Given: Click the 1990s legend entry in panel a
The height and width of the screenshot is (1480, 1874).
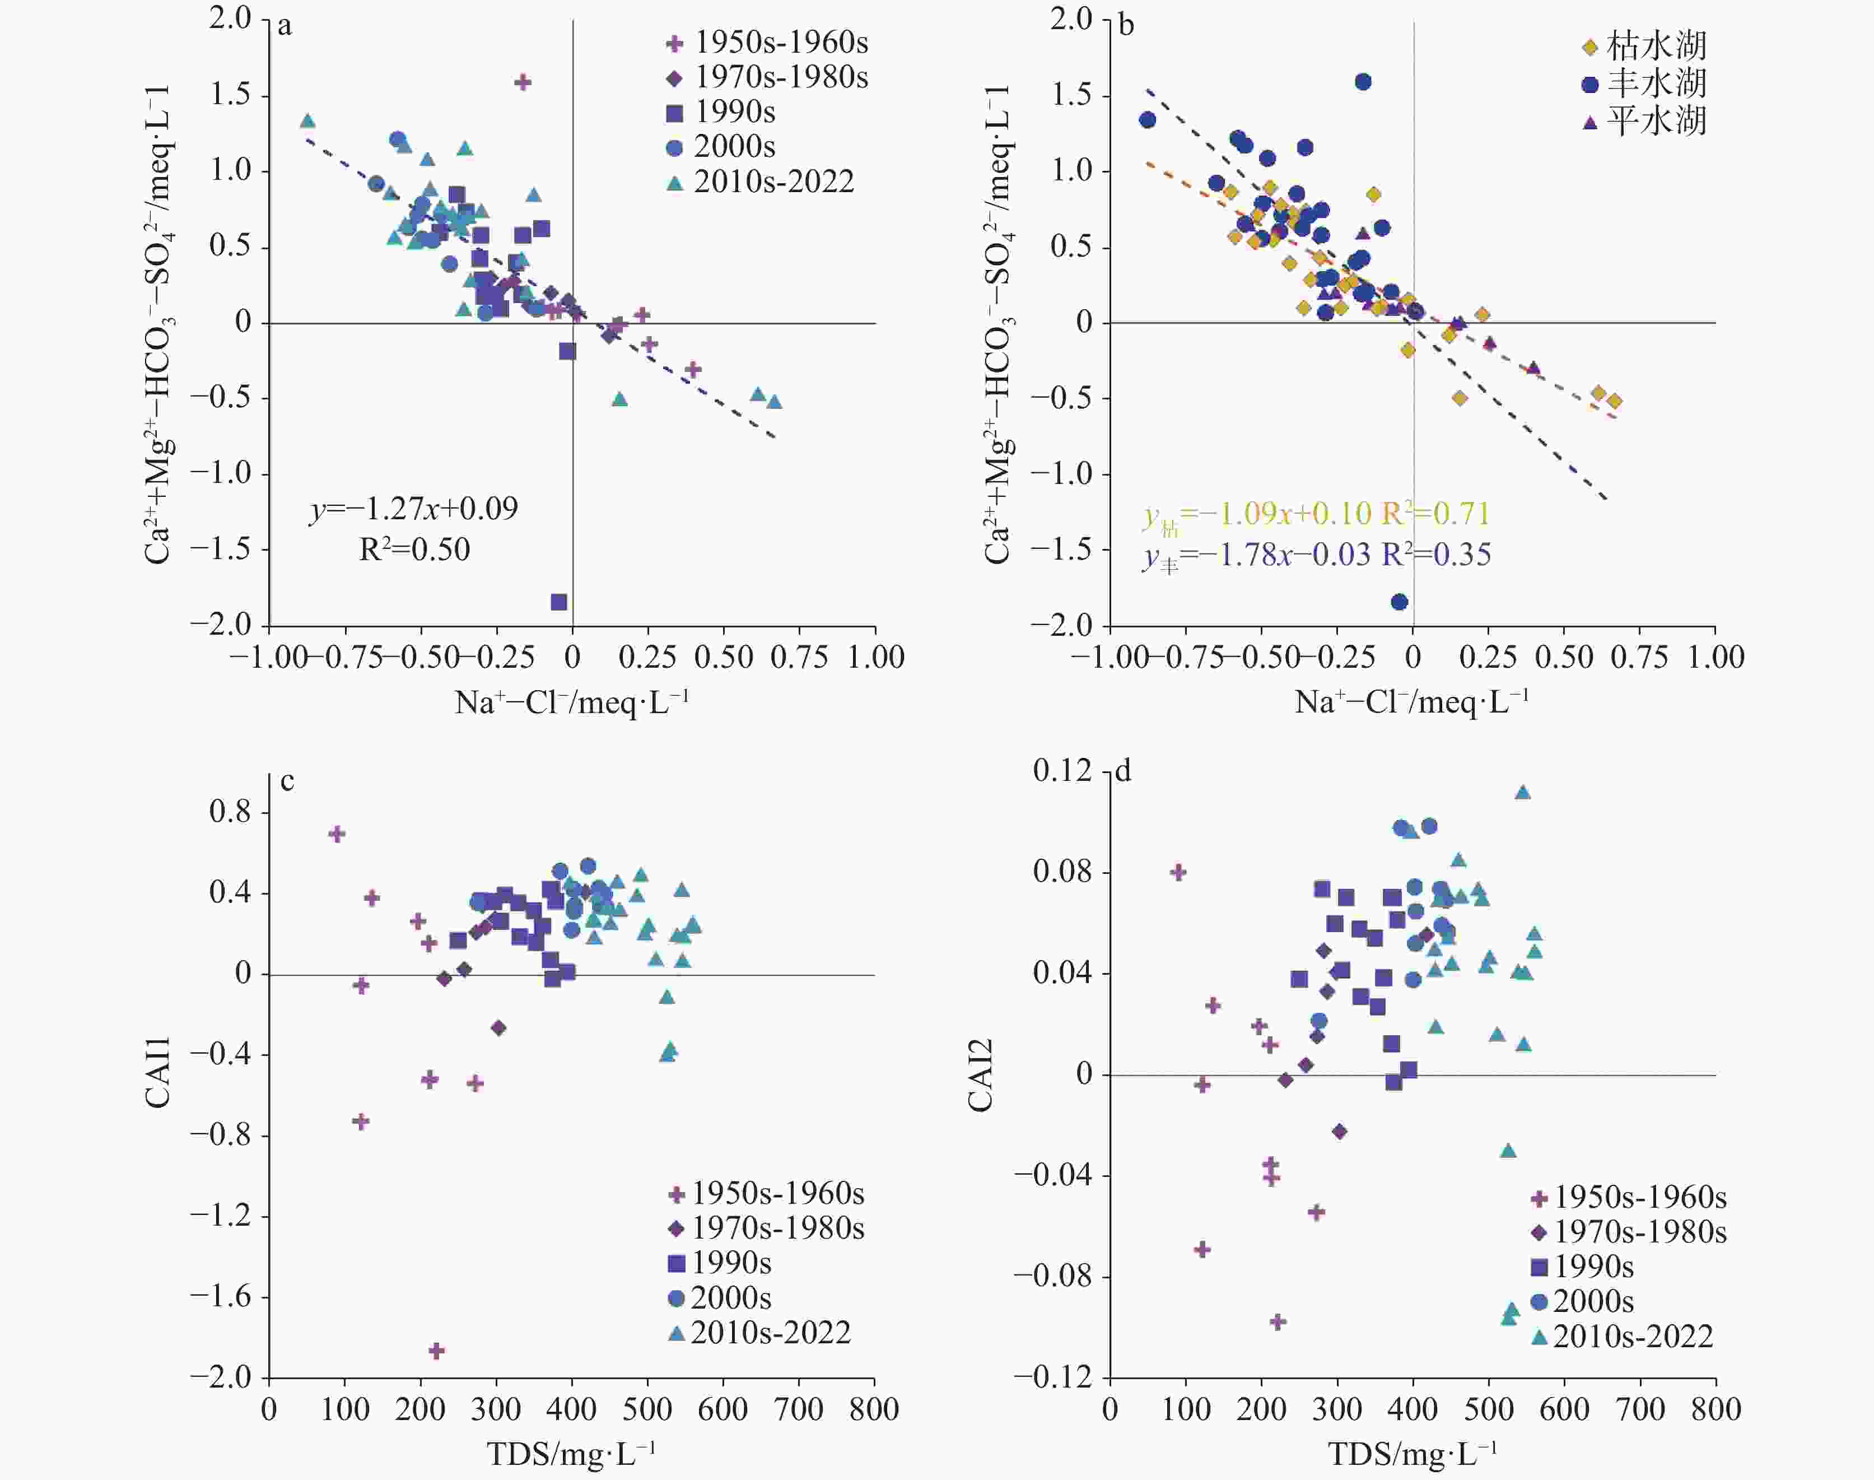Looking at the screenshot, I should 724,112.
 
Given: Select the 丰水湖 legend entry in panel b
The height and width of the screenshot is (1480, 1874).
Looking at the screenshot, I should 1644,83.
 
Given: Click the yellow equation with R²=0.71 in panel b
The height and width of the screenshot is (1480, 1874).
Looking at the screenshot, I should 1315,514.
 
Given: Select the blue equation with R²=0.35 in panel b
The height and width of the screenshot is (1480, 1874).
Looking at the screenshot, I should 1315,555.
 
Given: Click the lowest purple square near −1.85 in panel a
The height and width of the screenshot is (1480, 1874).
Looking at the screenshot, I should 559,602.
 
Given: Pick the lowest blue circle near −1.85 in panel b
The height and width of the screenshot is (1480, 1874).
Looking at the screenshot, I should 1399,602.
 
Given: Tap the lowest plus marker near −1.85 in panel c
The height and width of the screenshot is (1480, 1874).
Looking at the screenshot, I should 437,1350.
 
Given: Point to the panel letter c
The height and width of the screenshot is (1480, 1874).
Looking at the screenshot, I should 287,781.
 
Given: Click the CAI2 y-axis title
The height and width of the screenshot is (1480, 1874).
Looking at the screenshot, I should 979,1074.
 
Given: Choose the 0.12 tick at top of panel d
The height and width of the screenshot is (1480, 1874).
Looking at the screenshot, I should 1063,770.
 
